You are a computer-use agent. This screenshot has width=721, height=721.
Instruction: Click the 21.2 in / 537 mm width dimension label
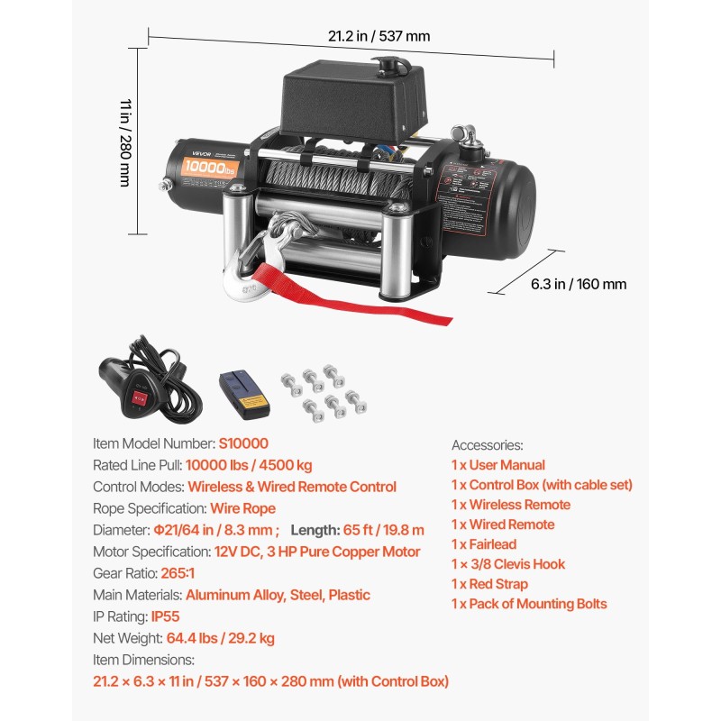pyautogui.click(x=379, y=37)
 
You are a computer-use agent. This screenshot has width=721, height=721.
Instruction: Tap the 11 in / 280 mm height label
pyautogui.click(x=125, y=142)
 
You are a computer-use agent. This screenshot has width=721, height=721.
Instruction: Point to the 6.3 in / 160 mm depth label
pyautogui.click(x=578, y=285)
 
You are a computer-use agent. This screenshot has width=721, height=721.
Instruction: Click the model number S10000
pyautogui.click(x=243, y=443)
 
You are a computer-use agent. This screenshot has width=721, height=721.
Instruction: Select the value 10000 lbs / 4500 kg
pyautogui.click(x=249, y=465)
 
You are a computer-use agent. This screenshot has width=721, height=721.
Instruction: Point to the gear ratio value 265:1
pyautogui.click(x=179, y=573)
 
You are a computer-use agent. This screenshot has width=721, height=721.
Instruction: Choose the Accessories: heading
pyautogui.click(x=487, y=444)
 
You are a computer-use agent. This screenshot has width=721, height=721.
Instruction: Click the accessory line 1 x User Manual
pyautogui.click(x=498, y=465)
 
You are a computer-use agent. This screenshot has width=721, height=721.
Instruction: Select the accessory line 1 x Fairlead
pyautogui.click(x=484, y=544)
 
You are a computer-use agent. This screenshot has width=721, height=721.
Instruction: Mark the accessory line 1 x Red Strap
pyautogui.click(x=490, y=584)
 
